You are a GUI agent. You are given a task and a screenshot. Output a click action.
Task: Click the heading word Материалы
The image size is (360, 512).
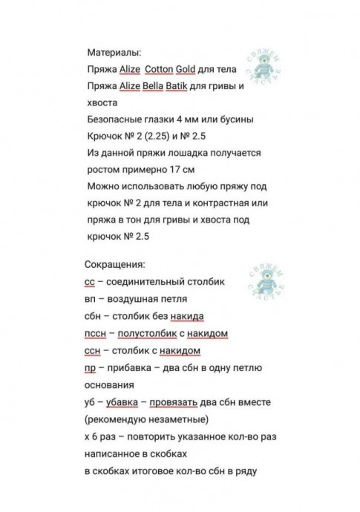click(x=114, y=53)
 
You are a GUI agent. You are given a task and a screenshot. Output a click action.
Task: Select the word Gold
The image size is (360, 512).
click(x=185, y=70)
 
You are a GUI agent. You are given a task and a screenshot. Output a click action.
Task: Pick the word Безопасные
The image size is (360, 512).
click(x=116, y=119)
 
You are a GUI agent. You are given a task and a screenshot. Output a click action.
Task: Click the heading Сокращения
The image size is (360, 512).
click(x=115, y=265)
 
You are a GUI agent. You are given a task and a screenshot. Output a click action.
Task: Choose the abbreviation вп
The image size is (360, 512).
click(x=91, y=299)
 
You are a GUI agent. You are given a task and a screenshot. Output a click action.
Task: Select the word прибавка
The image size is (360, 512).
click(x=131, y=368)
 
